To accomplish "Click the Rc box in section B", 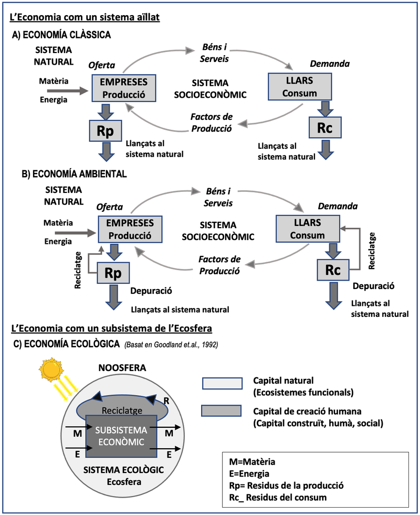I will coord(333,271).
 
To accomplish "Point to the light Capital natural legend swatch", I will coord(222,384).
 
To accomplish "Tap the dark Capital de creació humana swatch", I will coord(222,411).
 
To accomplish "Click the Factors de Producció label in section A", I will coord(212,121).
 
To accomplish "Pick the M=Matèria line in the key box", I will coord(252,462).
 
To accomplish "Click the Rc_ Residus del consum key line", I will coord(278,497).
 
